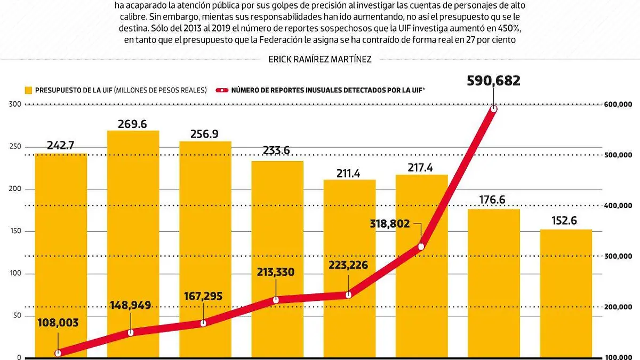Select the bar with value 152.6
point(566,293)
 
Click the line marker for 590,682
point(494,109)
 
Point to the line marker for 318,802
point(421,246)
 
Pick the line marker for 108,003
point(58,353)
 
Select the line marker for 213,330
point(276,300)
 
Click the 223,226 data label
point(348,265)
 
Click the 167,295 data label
point(203,296)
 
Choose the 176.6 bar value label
point(494,200)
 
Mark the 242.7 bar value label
point(60,145)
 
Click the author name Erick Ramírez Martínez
point(320,60)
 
